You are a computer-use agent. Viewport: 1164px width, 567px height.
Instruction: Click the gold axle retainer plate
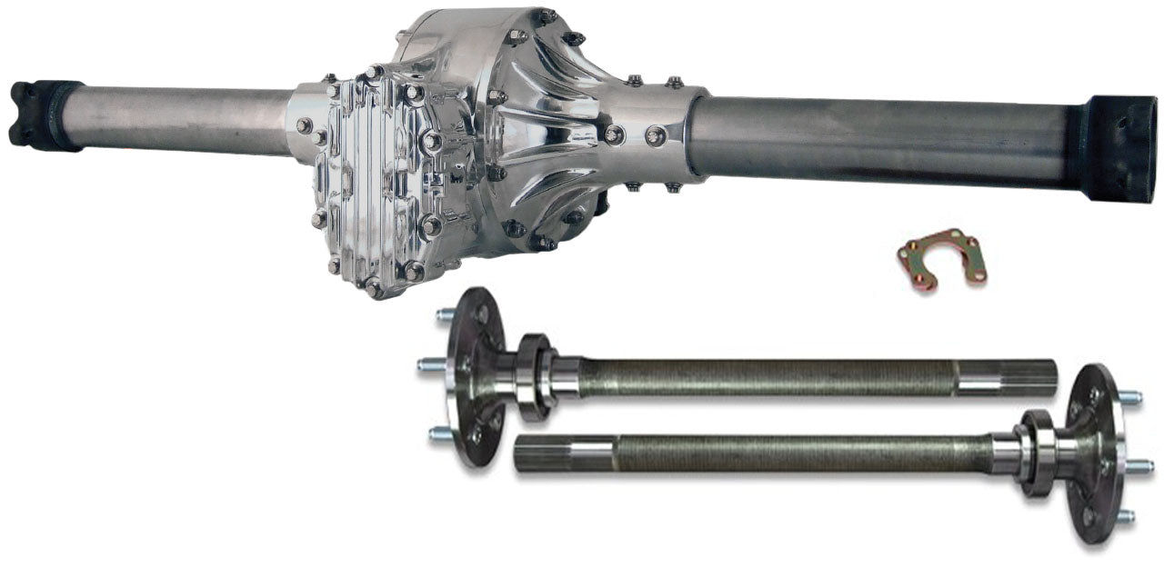(941, 257)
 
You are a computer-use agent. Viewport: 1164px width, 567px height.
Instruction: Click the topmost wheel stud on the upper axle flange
(445, 314)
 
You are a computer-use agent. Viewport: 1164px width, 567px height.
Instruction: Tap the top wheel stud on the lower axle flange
(1130, 398)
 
